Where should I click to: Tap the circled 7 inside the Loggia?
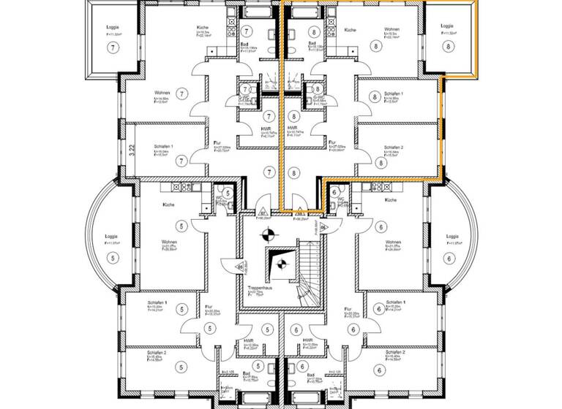click(112, 47)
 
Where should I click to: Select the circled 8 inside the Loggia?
click(448, 45)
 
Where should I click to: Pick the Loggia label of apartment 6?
click(452, 237)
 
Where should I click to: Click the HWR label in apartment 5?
click(249, 340)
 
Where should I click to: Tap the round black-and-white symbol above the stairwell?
click(271, 234)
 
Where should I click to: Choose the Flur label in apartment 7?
click(217, 143)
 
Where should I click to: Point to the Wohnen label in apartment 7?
click(162, 93)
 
